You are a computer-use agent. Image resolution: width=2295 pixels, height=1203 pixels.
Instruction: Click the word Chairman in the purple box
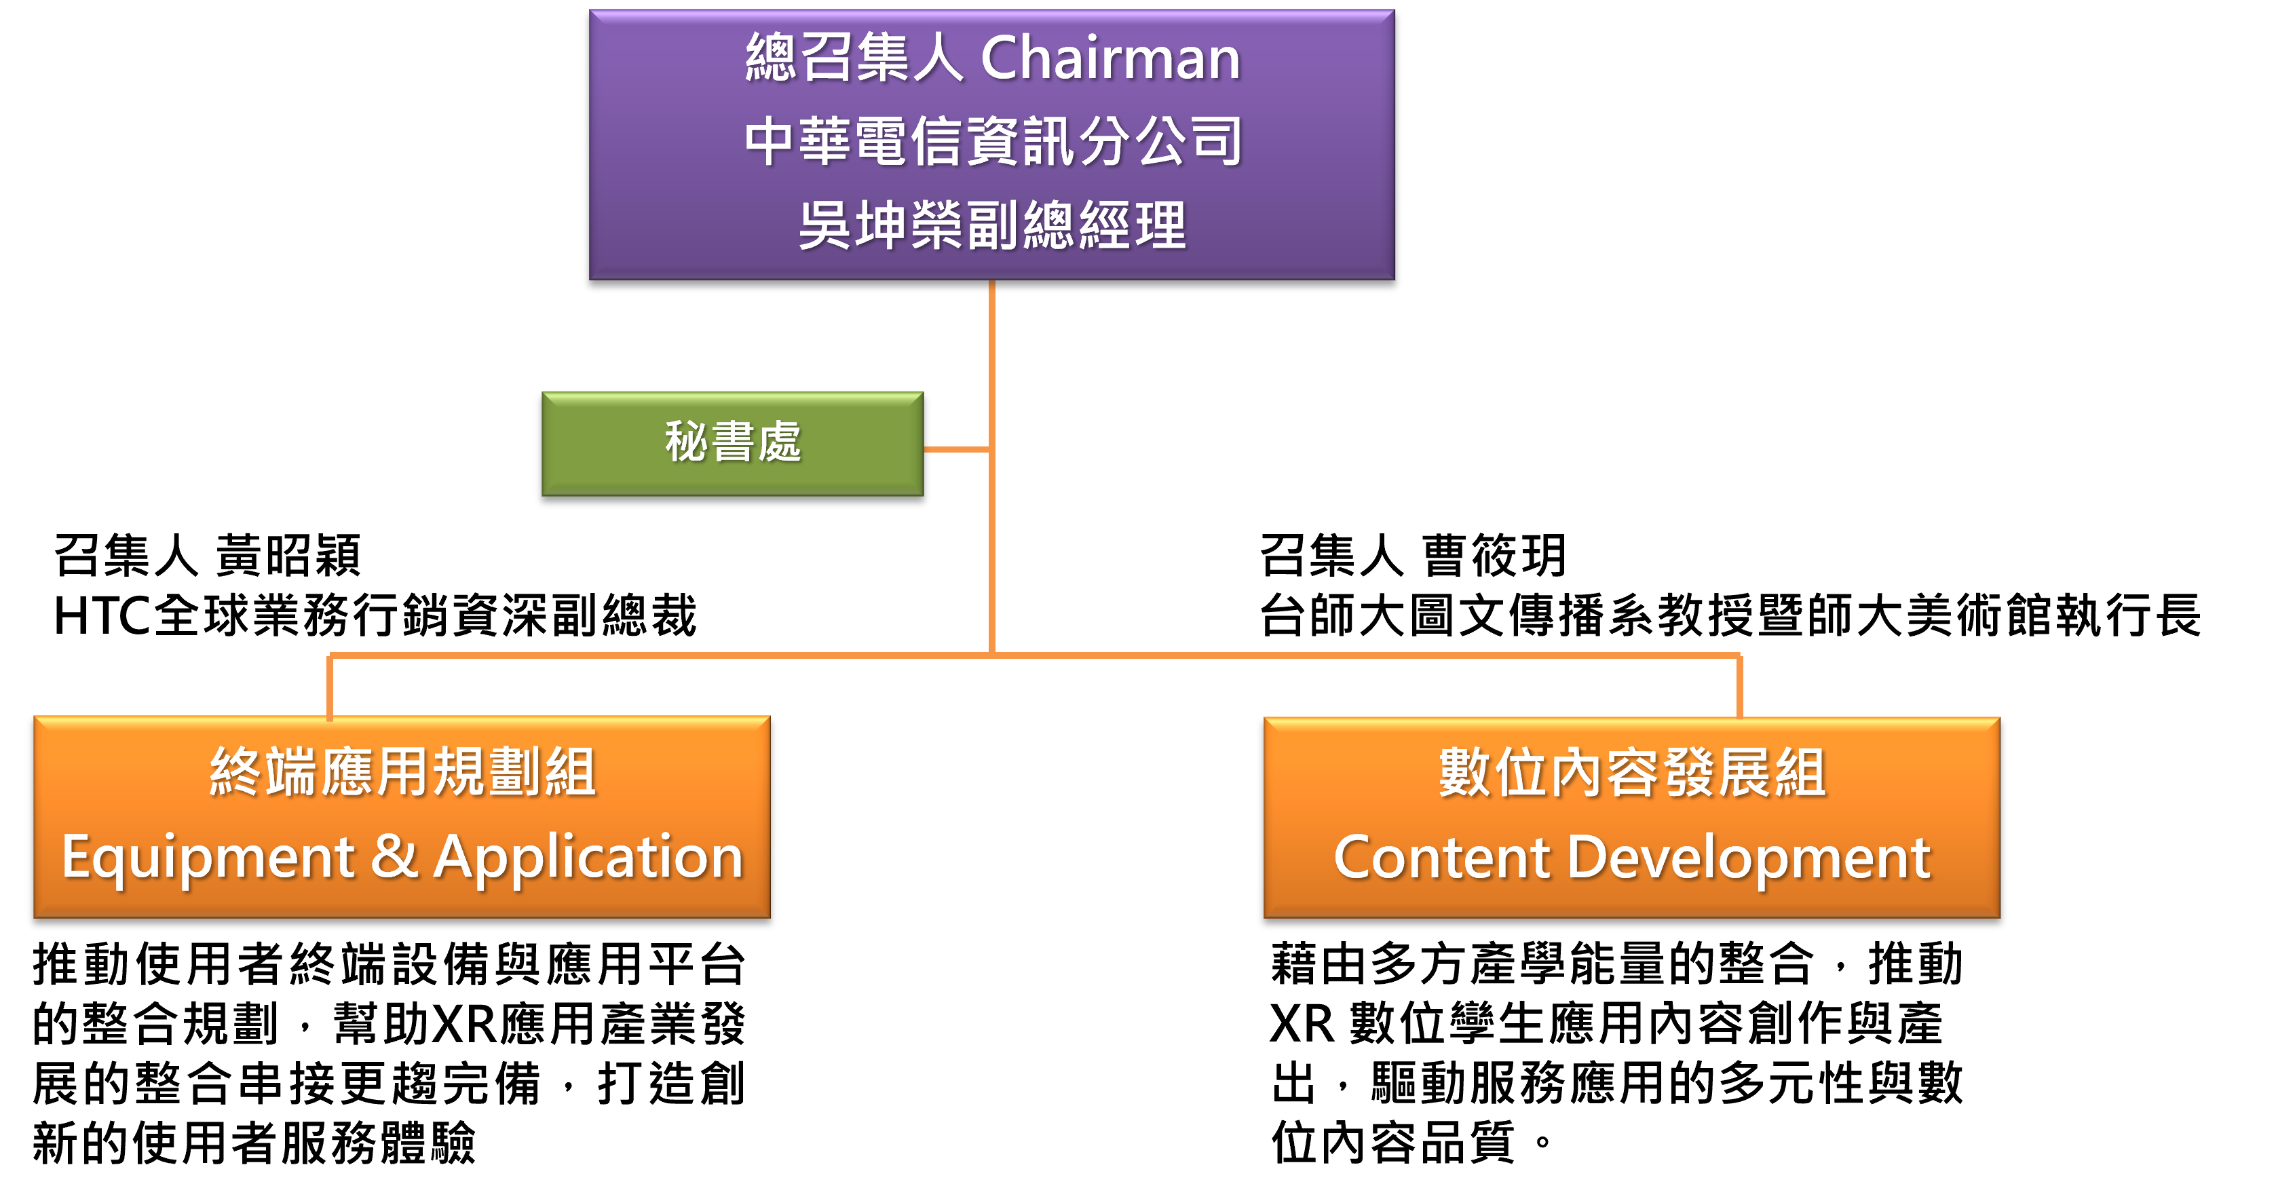pos(1110,59)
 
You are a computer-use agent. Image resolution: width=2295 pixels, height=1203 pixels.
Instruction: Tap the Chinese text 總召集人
pos(854,59)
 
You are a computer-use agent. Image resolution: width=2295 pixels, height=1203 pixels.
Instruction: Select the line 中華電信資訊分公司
pos(993,142)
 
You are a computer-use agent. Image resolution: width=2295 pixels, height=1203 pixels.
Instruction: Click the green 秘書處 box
pos(732,444)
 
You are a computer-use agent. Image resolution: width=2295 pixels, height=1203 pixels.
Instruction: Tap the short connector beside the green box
pos(957,449)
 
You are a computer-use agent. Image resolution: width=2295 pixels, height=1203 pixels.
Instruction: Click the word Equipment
pos(208,858)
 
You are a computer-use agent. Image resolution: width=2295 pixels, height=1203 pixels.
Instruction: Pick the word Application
pos(588,858)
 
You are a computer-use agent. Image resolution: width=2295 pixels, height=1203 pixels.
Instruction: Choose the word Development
pos(1748,858)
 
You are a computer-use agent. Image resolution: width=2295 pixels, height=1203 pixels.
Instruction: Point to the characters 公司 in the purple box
pos(1190,142)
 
